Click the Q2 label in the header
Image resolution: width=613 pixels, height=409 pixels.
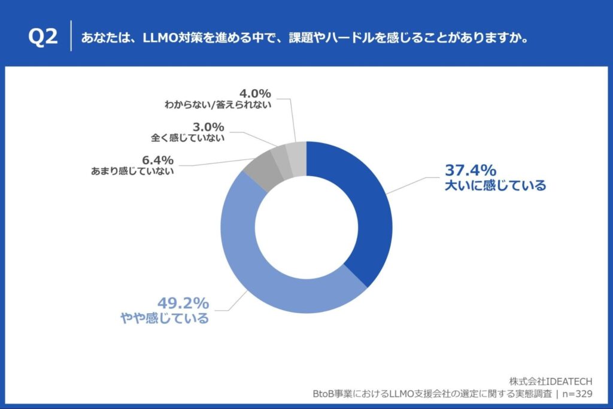pos(43,37)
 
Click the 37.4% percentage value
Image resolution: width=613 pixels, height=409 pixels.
pos(470,170)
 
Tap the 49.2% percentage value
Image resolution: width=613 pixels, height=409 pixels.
pos(183,302)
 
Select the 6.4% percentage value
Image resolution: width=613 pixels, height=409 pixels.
pos(159,160)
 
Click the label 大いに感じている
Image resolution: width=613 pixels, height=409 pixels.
pos(495,186)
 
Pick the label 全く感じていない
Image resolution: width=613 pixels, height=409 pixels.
pos(187,138)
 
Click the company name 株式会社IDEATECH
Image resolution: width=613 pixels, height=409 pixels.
pos(551,381)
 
